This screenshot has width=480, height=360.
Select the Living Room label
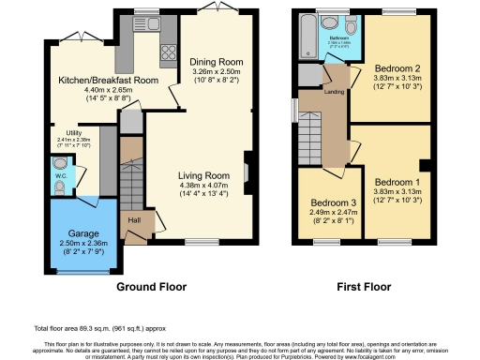pos(204,174)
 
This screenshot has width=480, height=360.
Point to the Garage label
pos(82,232)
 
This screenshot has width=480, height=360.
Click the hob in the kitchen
pos(170,51)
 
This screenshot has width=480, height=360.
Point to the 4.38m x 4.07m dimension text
pos(204,186)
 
